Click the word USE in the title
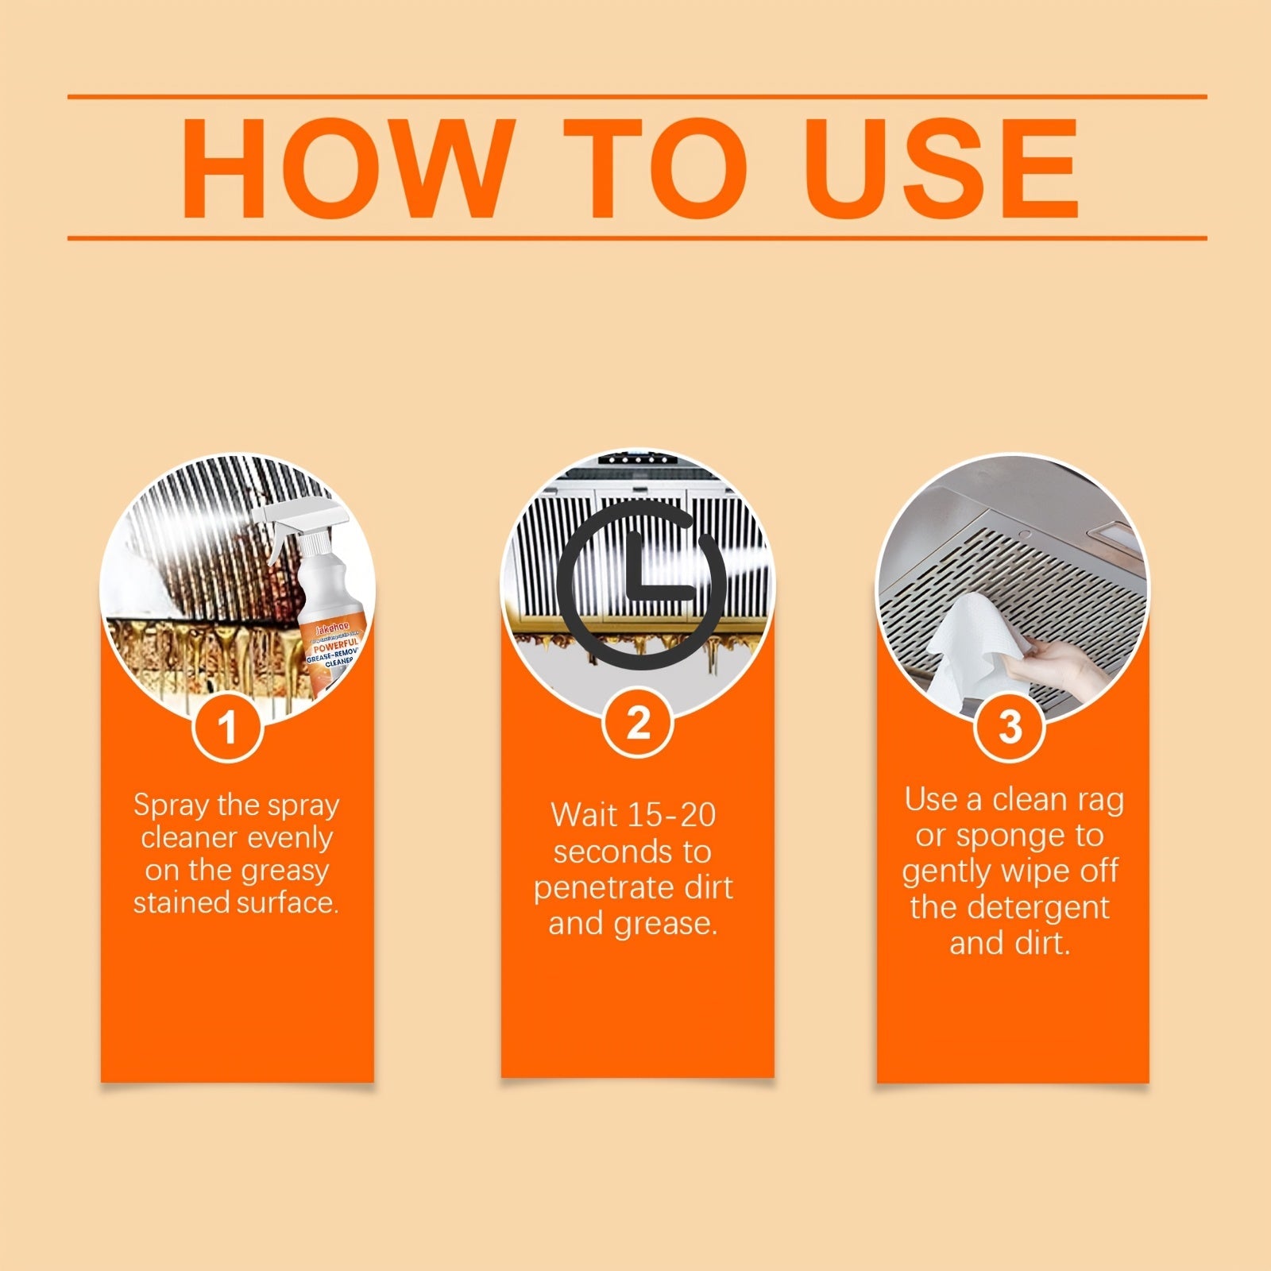point(941,168)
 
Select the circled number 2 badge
point(637,723)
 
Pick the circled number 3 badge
point(1010,725)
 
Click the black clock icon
point(639,589)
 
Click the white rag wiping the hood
point(969,643)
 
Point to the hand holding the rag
point(1057,664)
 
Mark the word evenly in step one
point(290,838)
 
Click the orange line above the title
point(635,97)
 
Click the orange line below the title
point(635,237)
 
